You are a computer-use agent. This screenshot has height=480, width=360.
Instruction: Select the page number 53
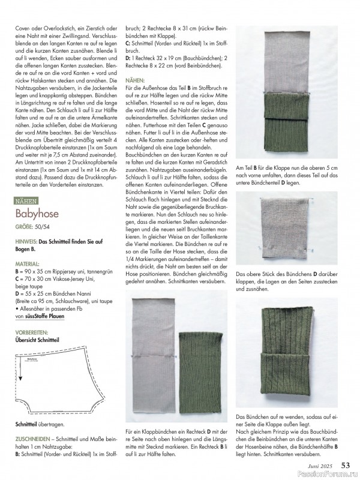tap(346, 464)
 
